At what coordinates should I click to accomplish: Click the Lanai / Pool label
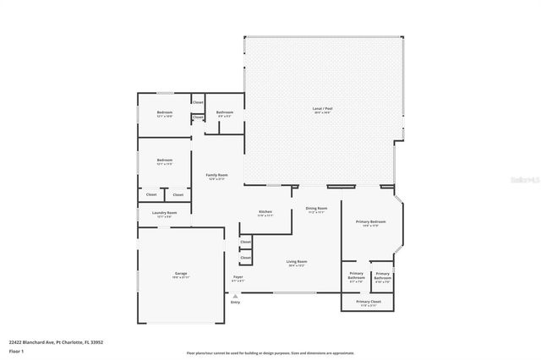click(x=322, y=109)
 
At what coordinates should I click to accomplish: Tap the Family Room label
click(x=216, y=176)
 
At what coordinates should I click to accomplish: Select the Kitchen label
click(x=265, y=212)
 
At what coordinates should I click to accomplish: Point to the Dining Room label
click(x=316, y=209)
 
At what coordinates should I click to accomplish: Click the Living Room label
click(x=297, y=263)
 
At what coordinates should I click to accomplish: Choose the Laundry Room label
click(x=165, y=214)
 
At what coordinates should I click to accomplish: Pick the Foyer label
click(x=238, y=278)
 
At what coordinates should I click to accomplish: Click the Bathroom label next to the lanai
click(x=225, y=113)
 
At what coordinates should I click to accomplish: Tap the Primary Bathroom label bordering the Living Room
click(x=357, y=275)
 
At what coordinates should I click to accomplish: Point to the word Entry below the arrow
click(x=235, y=302)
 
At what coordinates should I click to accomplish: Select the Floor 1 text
click(x=15, y=350)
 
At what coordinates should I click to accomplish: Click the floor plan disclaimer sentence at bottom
click(x=270, y=352)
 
